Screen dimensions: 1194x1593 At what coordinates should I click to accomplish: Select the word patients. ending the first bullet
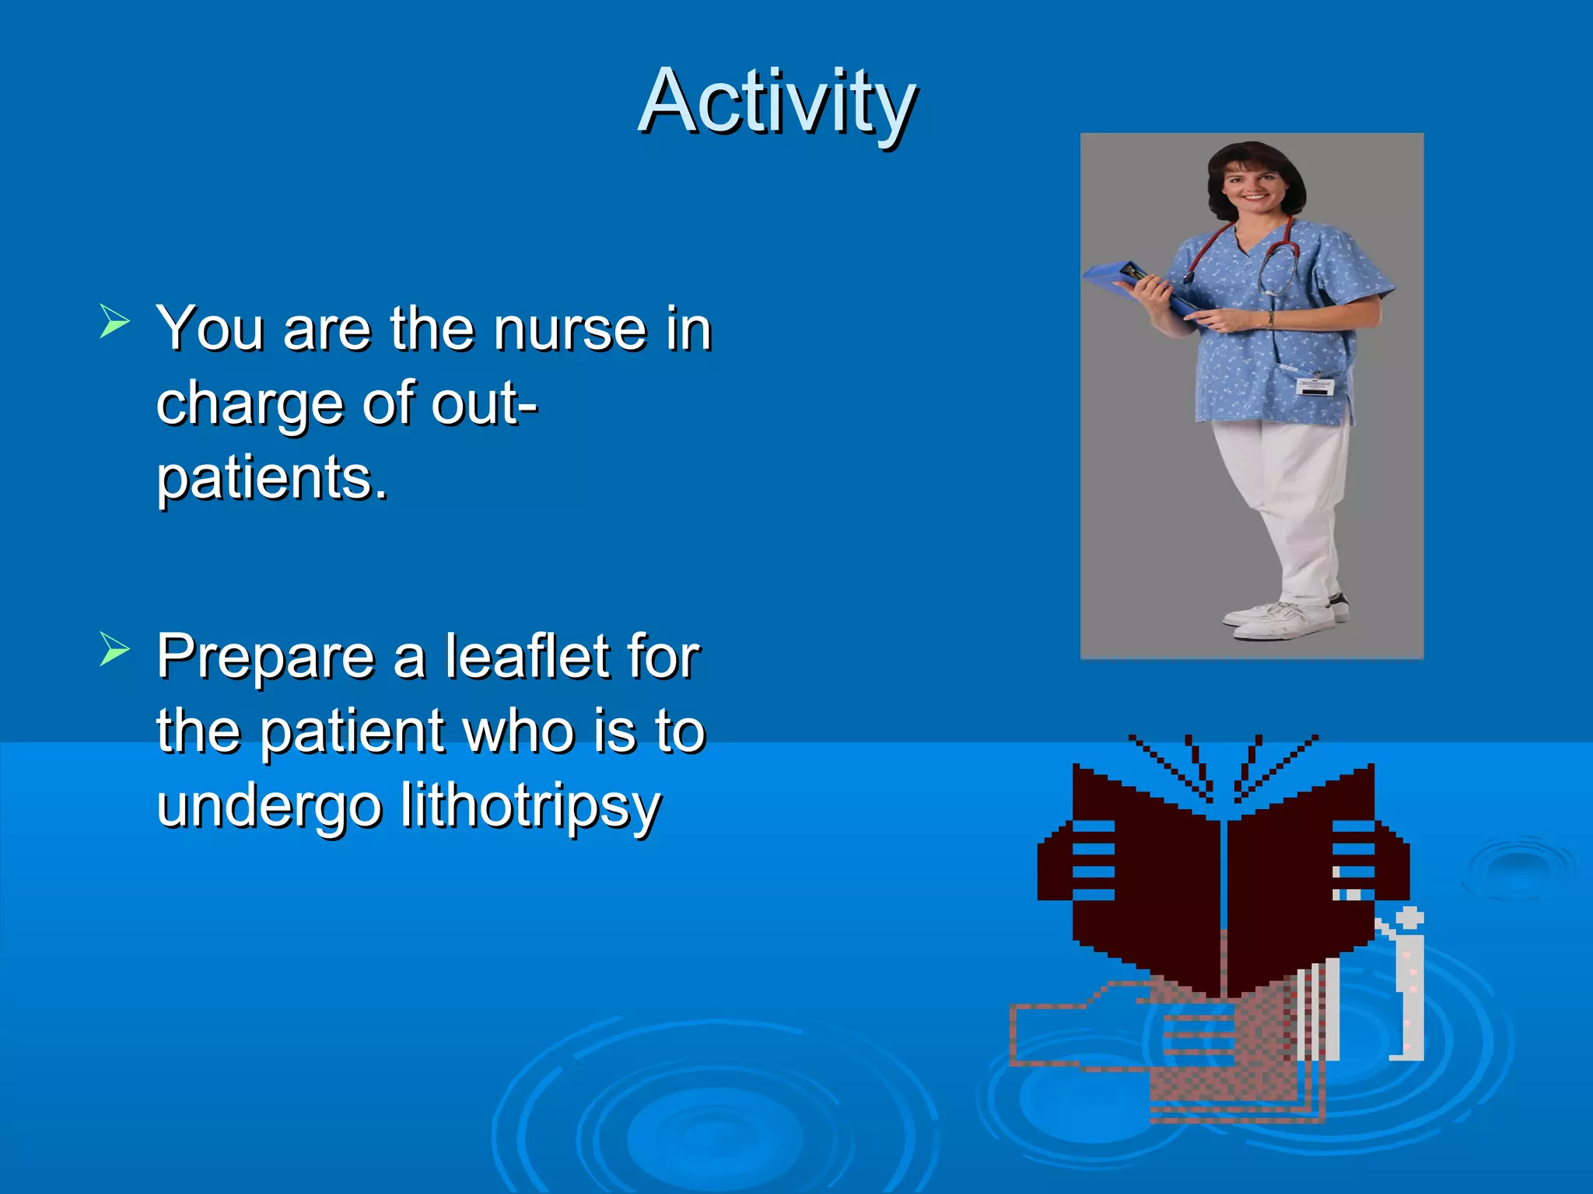pos(271,478)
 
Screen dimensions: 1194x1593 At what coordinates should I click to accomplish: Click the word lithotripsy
pos(530,807)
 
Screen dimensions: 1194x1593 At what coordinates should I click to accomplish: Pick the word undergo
pos(268,807)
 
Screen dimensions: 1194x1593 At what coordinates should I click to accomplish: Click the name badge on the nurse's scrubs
pos(1315,386)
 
